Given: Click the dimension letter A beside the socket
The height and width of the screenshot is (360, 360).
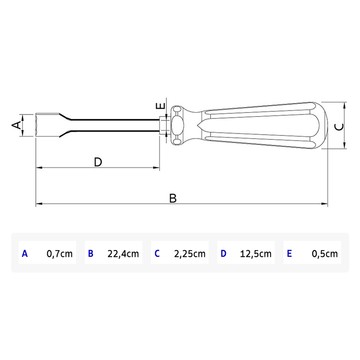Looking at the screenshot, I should tap(16, 125).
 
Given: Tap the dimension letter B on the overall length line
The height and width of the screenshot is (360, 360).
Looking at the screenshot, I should tap(173, 198).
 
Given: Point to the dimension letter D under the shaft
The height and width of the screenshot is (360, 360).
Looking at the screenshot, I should tap(98, 162).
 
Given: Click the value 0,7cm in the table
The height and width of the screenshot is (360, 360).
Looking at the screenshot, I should tap(59, 253).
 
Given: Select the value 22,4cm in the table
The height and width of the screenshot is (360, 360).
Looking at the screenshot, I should tap(123, 253).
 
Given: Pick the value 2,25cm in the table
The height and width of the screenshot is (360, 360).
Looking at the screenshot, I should tap(189, 253).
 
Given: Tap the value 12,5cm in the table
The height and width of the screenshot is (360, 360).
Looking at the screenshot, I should tap(256, 253).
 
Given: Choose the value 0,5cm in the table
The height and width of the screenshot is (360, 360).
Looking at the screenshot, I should tap(324, 253).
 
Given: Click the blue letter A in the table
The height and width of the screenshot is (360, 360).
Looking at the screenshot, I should tap(25, 253).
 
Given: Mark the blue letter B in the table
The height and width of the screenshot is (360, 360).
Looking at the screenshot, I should tap(90, 253).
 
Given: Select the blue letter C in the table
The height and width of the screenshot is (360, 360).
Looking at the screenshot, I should tap(157, 253).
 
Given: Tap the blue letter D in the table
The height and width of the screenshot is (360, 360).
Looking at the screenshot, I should tap(223, 253).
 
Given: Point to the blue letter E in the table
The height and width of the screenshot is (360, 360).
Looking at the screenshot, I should tap(289, 253).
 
